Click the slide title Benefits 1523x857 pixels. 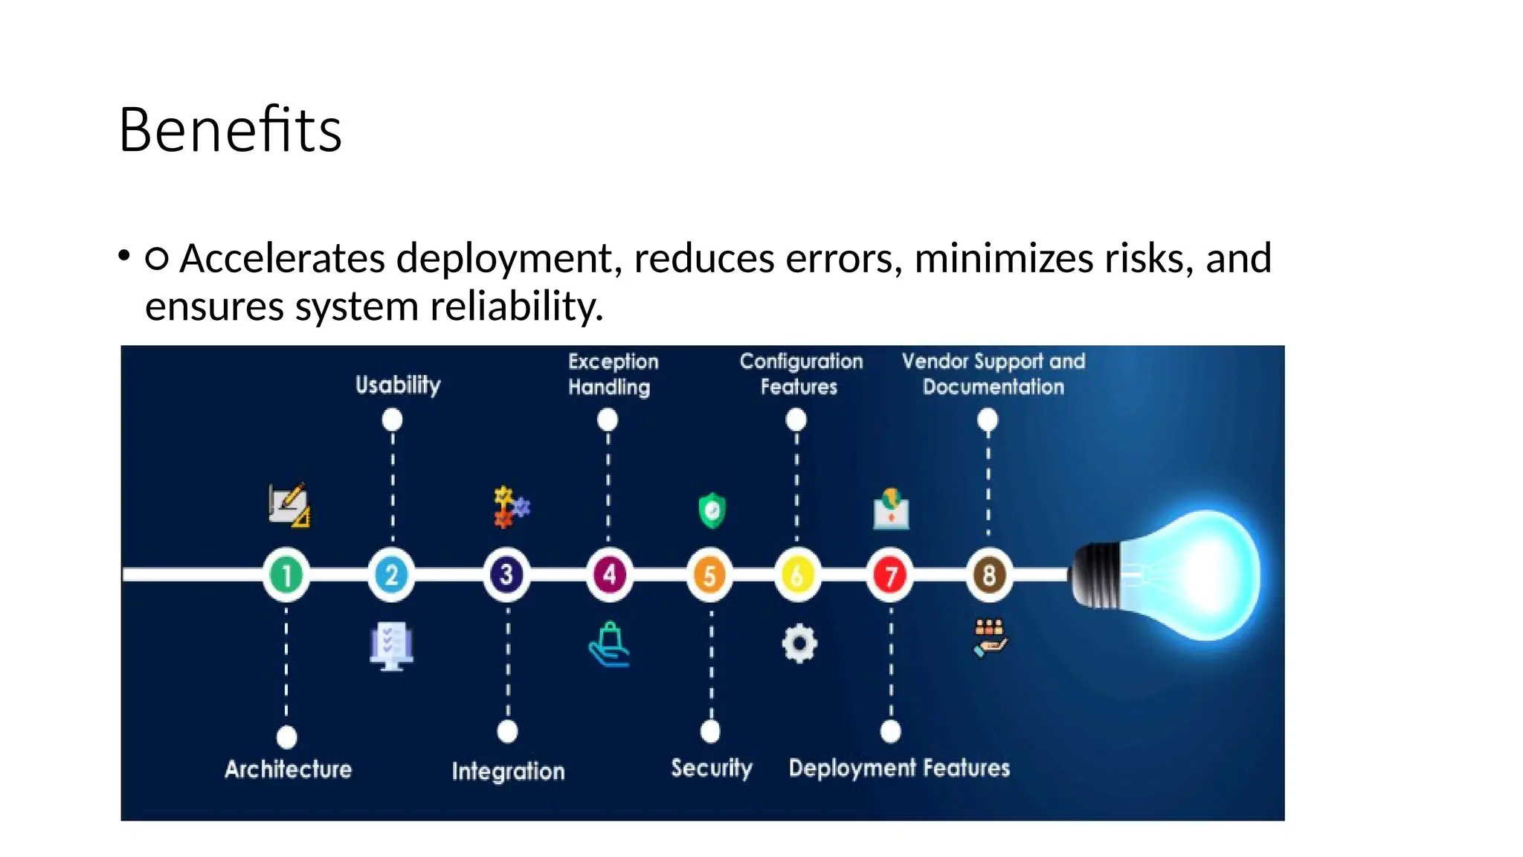coord(230,130)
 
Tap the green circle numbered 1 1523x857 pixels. coord(286,575)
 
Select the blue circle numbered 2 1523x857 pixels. coord(391,575)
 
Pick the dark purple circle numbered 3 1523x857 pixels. coord(506,575)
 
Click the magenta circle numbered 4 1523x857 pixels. coord(609,575)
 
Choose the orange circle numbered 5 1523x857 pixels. coord(709,575)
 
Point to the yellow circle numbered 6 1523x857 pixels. coord(797,575)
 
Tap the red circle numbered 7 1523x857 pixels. coord(890,575)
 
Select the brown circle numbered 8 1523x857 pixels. coord(988,575)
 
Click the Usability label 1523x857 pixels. coord(398,385)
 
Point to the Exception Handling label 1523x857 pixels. coord(613,374)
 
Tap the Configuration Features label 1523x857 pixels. coord(801,374)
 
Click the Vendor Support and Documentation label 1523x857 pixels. coord(994,374)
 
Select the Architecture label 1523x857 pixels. coord(289,769)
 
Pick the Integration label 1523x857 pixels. coord(508,771)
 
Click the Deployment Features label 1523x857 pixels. coord(899,768)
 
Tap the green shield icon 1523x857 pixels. coord(712,510)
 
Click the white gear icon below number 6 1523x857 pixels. coord(799,643)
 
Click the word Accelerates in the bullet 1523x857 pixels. coord(283,259)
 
